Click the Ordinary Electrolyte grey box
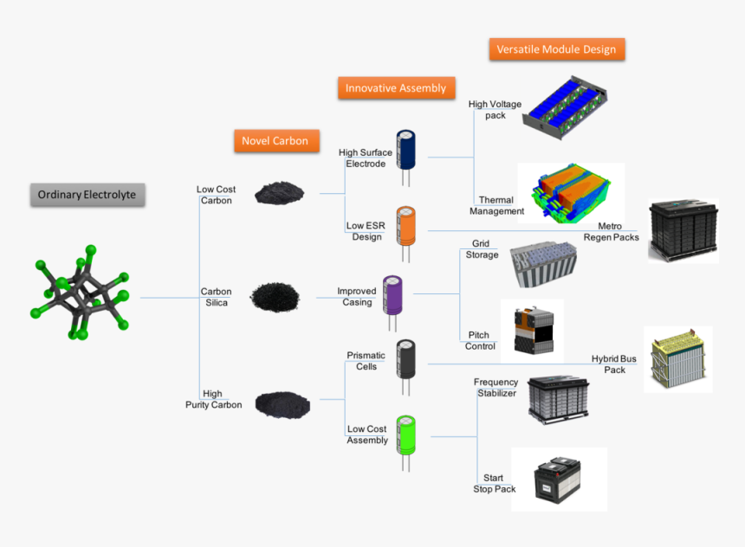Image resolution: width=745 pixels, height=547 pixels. (x=87, y=195)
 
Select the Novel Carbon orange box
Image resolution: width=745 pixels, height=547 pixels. (x=275, y=141)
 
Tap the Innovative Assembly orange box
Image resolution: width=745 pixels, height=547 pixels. (x=395, y=87)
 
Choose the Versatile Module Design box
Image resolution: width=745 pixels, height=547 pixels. (x=556, y=49)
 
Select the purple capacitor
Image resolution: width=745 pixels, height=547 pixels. (x=393, y=294)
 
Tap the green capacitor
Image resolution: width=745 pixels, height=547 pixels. (x=405, y=435)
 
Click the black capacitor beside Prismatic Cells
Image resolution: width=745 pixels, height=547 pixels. (x=405, y=358)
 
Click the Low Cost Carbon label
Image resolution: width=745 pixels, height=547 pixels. (x=216, y=195)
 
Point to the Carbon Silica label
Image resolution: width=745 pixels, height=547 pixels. (x=216, y=298)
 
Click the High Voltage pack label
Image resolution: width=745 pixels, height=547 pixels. (x=495, y=110)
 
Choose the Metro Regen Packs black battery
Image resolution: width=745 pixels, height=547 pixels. (x=683, y=230)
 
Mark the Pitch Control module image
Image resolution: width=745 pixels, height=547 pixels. (x=531, y=330)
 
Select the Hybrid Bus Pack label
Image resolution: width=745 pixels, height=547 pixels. (x=614, y=364)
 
